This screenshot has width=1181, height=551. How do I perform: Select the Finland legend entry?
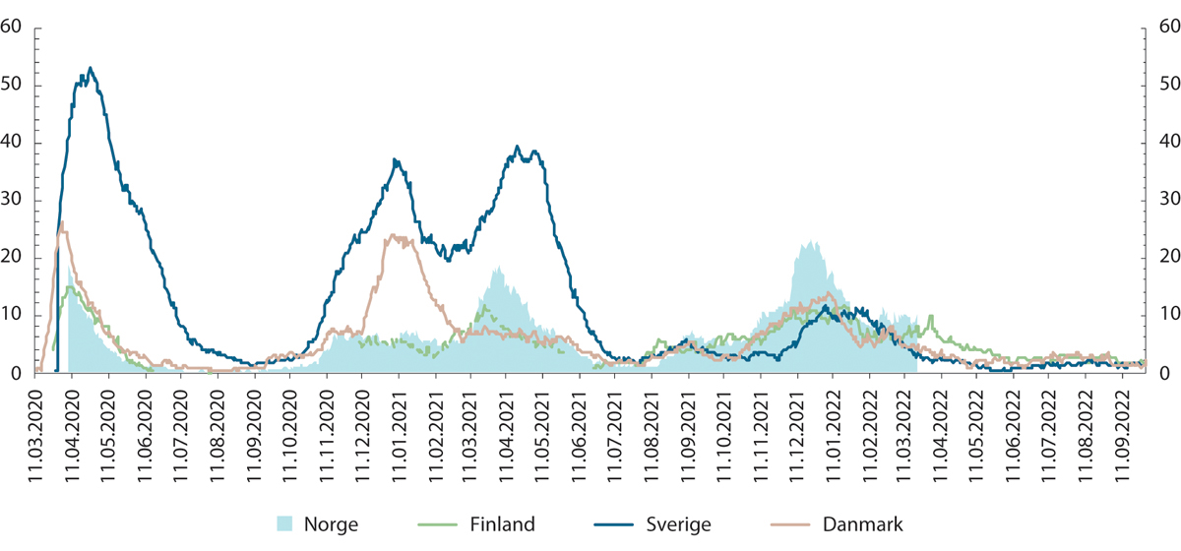point(485,524)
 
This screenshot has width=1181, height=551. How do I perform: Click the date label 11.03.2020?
point(35,428)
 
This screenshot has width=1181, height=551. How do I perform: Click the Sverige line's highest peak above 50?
point(91,68)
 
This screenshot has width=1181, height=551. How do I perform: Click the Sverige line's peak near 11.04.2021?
point(519,148)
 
